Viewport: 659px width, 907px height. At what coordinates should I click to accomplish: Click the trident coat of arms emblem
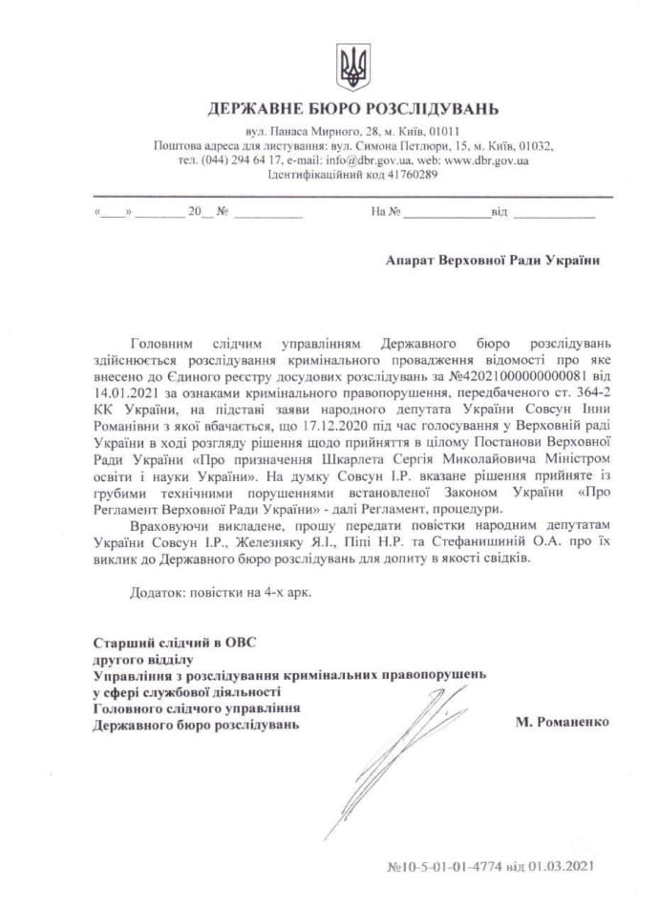point(352,66)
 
